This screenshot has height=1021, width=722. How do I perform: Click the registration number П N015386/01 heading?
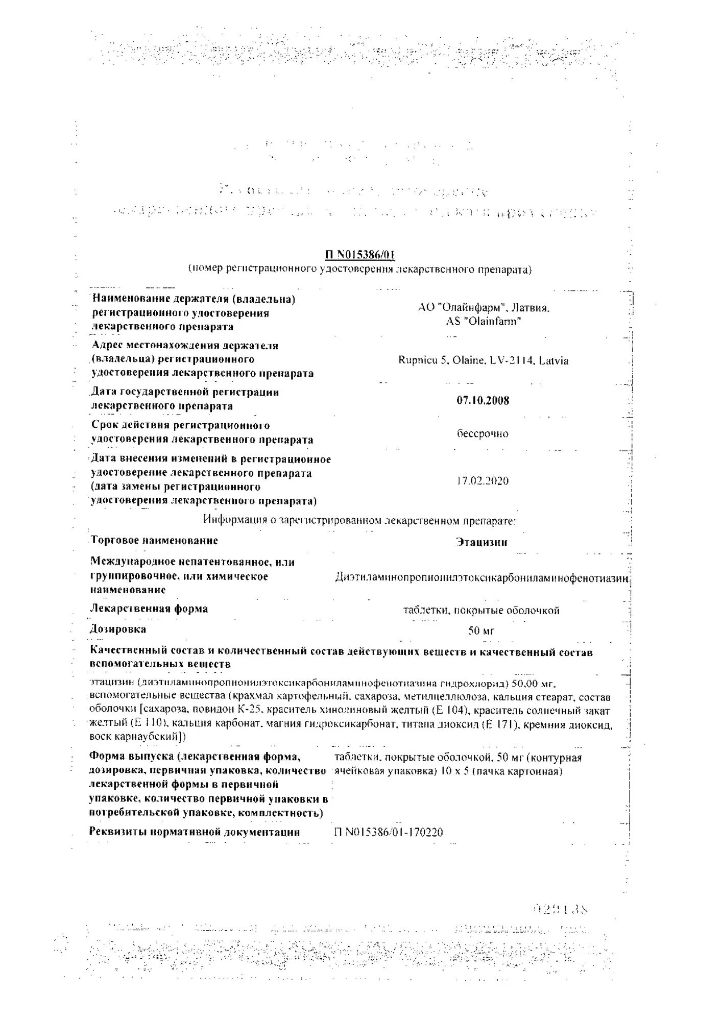(x=360, y=255)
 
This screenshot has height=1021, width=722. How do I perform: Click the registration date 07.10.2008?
(x=483, y=400)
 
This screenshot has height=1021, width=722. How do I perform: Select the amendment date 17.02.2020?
(x=483, y=481)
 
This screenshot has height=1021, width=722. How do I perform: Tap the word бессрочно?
(x=483, y=433)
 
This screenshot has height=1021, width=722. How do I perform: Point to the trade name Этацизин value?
(x=482, y=542)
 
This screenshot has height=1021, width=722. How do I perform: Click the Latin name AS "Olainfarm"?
(x=484, y=322)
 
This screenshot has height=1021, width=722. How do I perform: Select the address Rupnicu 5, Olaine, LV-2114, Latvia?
(x=483, y=360)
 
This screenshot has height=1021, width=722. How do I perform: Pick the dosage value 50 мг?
(x=482, y=631)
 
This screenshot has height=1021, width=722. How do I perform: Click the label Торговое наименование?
(x=154, y=540)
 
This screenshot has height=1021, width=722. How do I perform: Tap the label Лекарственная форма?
(x=149, y=609)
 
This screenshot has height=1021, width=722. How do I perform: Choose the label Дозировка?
(x=118, y=629)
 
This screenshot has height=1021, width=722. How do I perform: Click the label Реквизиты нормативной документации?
(x=195, y=832)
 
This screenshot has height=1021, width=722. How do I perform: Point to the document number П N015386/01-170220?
(x=389, y=833)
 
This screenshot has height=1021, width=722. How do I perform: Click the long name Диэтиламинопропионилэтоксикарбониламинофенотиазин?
(x=483, y=577)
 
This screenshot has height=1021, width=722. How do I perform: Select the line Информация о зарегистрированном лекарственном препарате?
(x=359, y=520)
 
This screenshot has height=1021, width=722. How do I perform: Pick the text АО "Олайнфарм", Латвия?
(x=484, y=308)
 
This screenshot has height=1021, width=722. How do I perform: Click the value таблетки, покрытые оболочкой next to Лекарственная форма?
(x=482, y=611)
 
